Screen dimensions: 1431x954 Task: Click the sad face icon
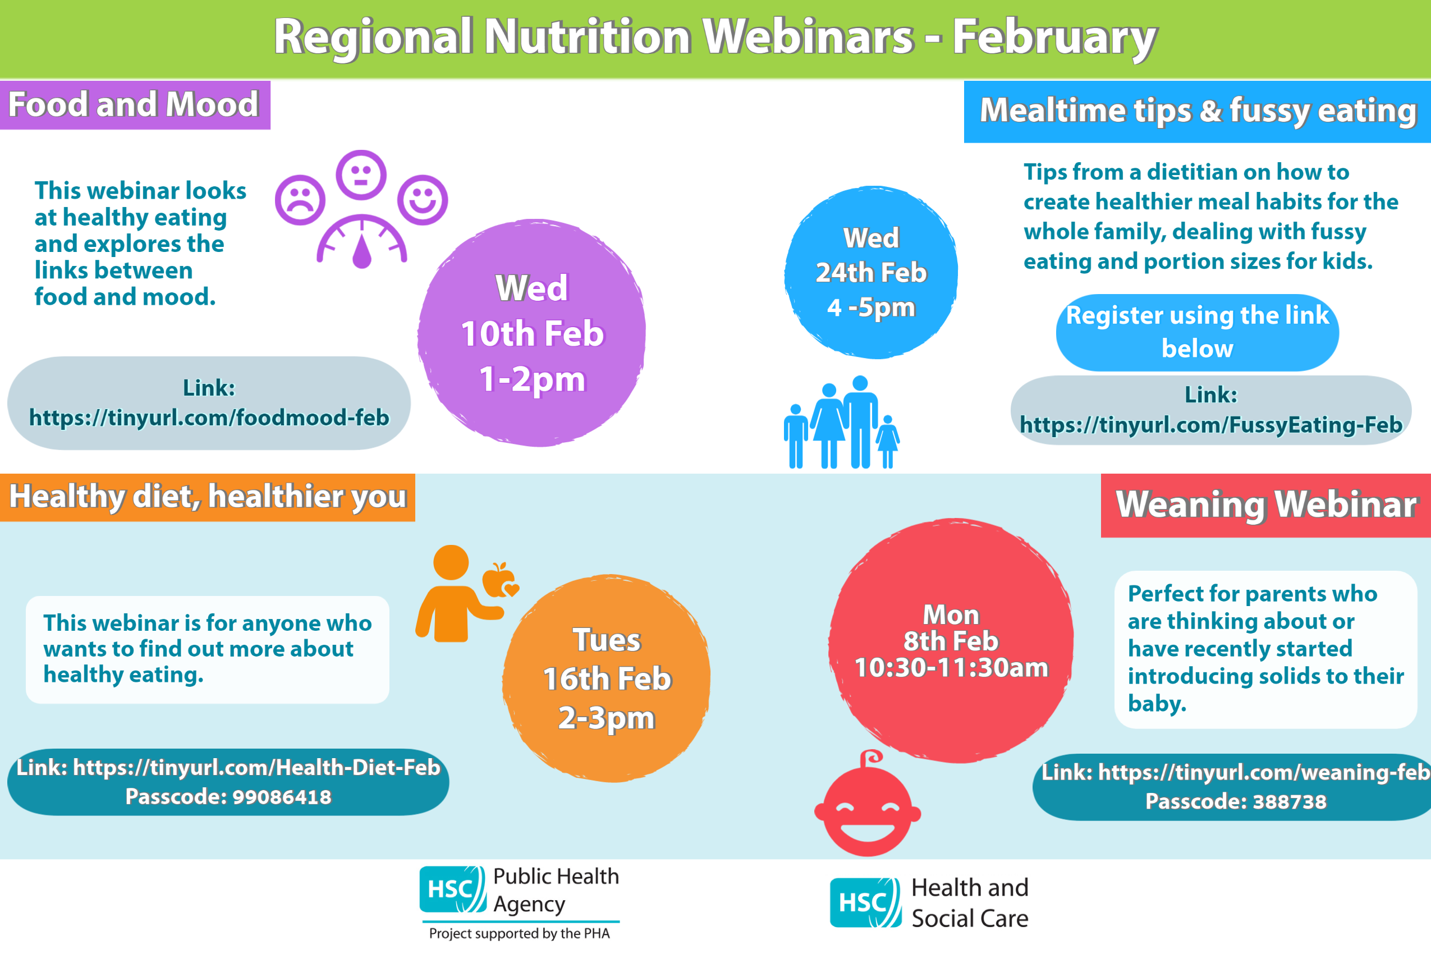pyautogui.click(x=300, y=200)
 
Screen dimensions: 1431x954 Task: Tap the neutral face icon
pyautogui.click(x=361, y=175)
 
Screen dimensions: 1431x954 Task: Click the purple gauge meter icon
pyautogui.click(x=362, y=241)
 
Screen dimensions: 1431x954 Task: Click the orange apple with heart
pyautogui.click(x=501, y=580)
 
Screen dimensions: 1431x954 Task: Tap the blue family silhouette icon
pyautogui.click(x=841, y=422)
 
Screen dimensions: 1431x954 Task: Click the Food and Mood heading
pyautogui.click(x=134, y=104)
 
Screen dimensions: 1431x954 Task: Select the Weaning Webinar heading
pyautogui.click(x=1267, y=504)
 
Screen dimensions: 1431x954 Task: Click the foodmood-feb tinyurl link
pyautogui.click(x=209, y=418)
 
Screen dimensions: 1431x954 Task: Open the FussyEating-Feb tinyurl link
pyautogui.click(x=1211, y=425)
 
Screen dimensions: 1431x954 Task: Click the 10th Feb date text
pyautogui.click(x=533, y=333)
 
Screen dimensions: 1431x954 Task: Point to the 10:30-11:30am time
pyautogui.click(x=952, y=667)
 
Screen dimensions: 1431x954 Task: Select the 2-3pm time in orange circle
pyautogui.click(x=607, y=718)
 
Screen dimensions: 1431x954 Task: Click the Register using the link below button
pyautogui.click(x=1198, y=332)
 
